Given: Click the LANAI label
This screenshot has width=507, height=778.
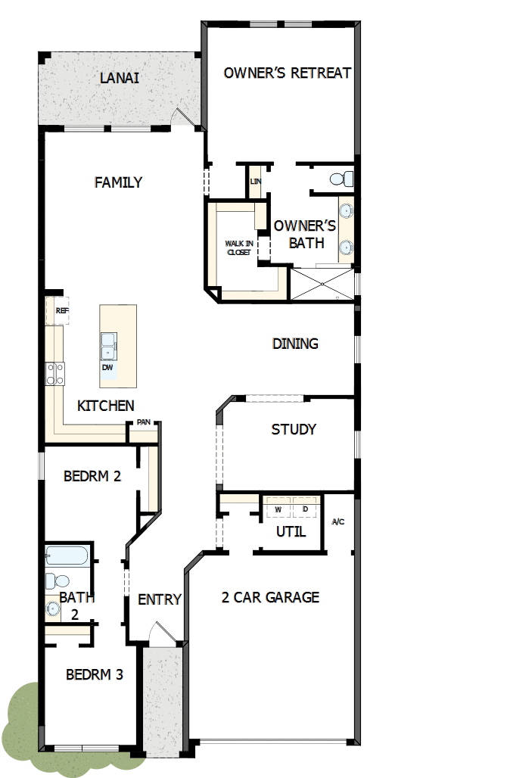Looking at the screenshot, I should pos(120,78).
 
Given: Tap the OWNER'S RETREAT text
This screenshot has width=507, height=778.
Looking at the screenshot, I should pos(287,73).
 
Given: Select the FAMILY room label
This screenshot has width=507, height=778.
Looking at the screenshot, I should pos(118,182).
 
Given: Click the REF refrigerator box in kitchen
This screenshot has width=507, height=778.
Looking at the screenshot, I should pos(61,310).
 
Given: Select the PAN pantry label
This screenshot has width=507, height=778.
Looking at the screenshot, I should pos(143,422).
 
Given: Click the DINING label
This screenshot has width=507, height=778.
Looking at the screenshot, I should pos(295,344).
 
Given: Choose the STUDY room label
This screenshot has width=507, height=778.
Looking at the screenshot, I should pos(294,430).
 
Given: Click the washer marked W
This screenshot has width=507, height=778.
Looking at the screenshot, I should pos(278,509).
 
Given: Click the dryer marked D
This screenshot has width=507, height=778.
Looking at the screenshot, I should pos(306,509).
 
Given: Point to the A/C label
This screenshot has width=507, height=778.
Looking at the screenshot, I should pos(338,522).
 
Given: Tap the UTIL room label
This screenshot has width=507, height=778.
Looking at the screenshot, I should pos(291,532).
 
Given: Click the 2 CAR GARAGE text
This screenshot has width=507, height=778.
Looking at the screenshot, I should pos(270,597).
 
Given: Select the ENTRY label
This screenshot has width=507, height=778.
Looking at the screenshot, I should pos(160,599).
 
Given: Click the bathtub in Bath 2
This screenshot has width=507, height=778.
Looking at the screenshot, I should pos(67,557).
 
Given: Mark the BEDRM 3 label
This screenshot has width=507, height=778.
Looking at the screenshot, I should pos(94,674).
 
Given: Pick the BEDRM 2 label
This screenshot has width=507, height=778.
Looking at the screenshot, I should pos(92,477).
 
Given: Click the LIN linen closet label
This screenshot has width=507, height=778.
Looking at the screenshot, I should pos(255,182).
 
